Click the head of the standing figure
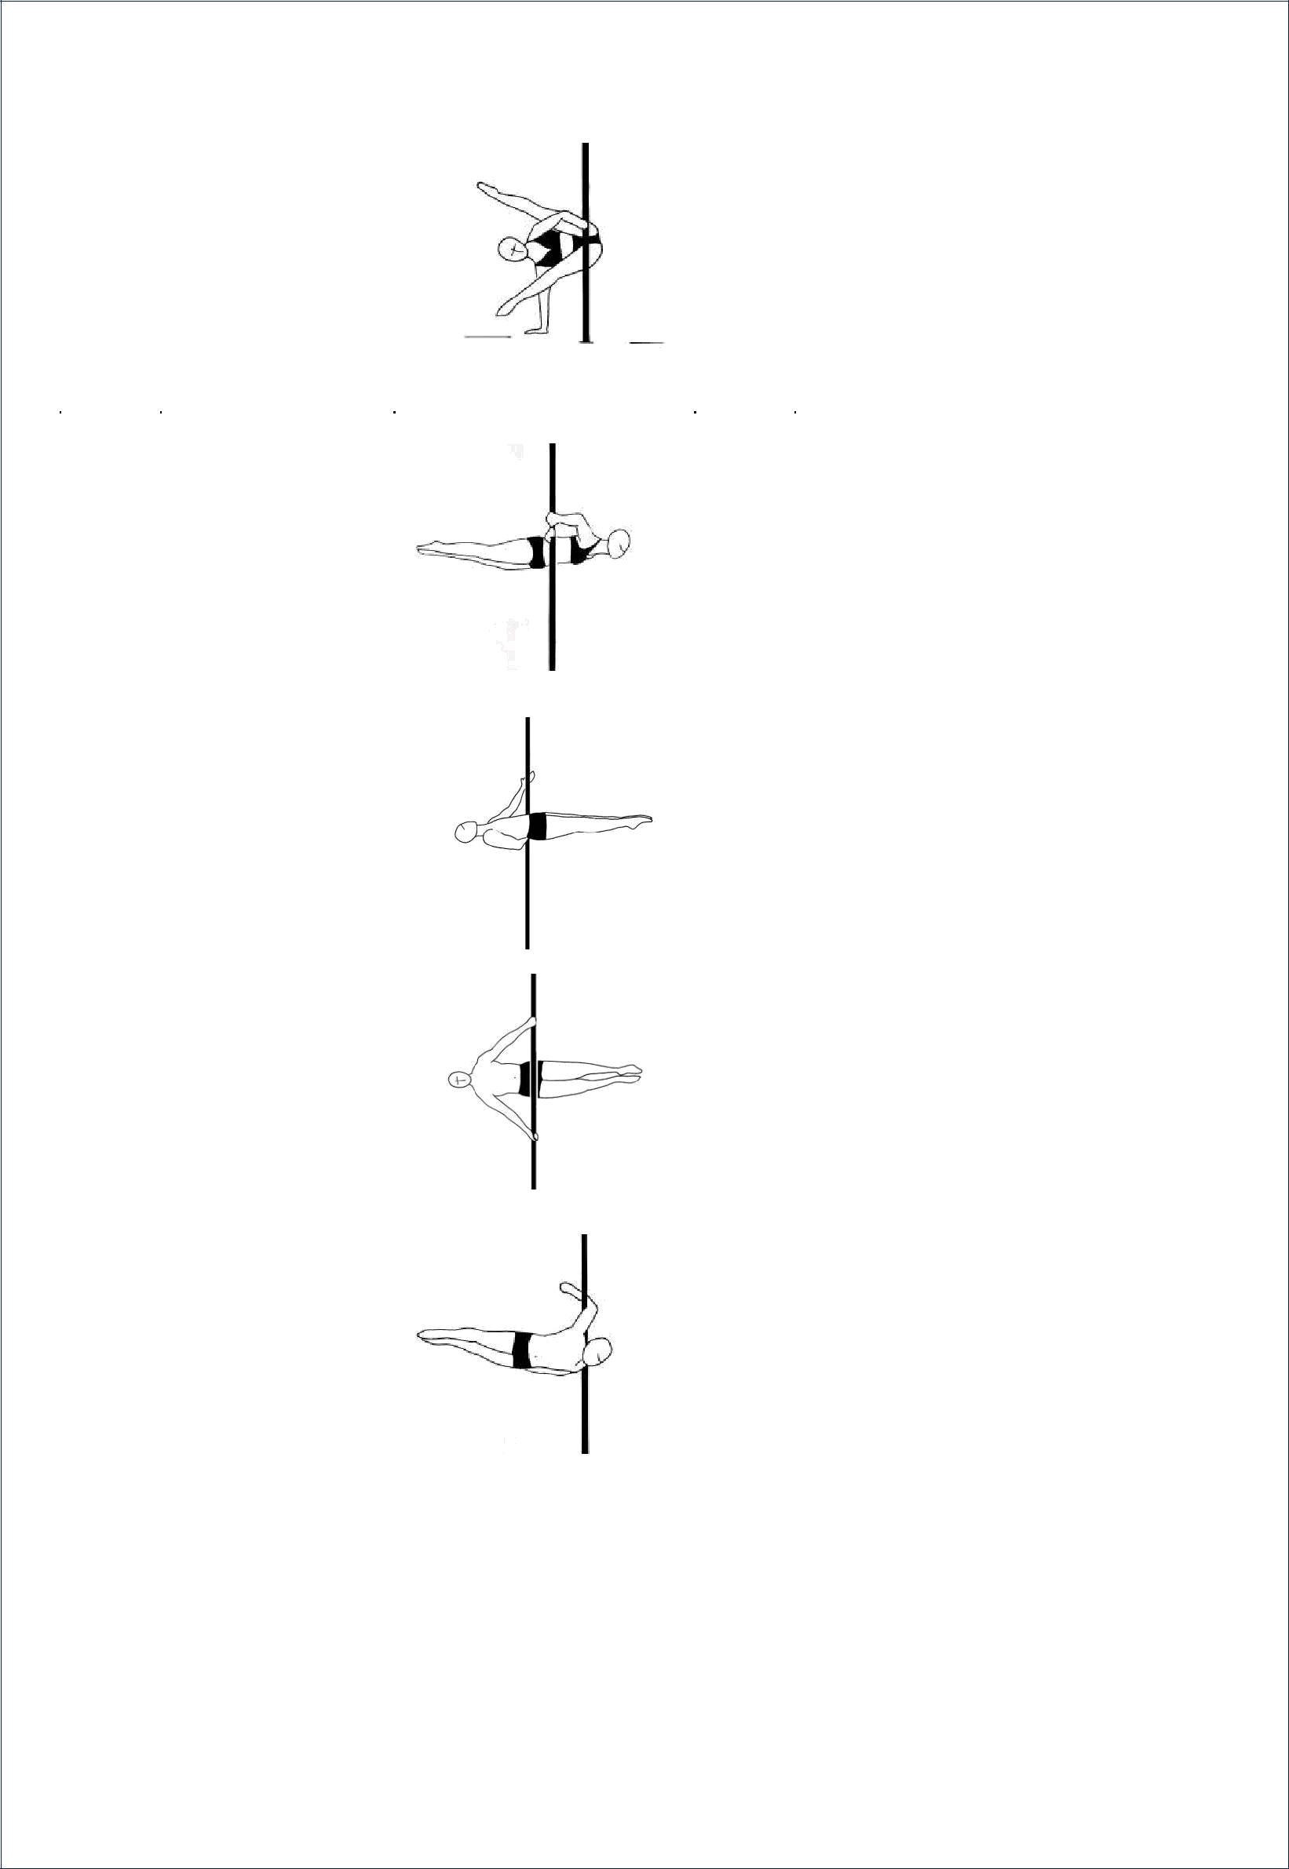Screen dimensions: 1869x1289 (511, 250)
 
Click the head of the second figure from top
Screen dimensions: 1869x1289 (621, 542)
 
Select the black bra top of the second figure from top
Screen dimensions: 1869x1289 (584, 550)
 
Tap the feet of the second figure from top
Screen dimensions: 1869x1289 (422, 551)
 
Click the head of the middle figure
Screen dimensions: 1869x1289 (466, 832)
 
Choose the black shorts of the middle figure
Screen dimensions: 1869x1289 (537, 826)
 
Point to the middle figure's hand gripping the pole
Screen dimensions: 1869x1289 (532, 777)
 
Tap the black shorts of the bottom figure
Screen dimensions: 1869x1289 (522, 1350)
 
